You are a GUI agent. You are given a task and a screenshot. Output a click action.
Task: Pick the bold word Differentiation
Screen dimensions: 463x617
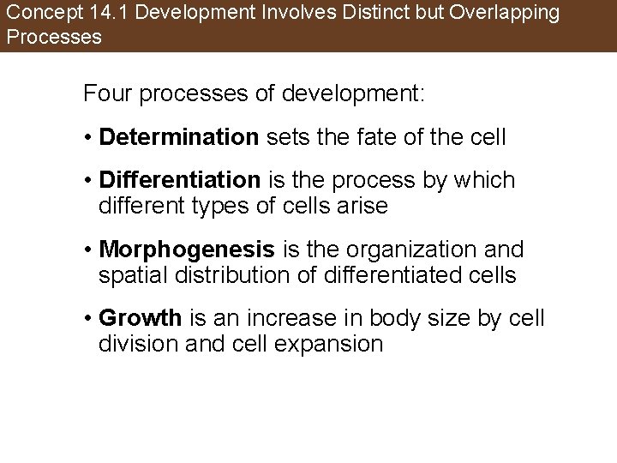[x=179, y=180]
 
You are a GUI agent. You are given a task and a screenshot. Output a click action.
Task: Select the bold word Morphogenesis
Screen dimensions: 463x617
[x=187, y=250]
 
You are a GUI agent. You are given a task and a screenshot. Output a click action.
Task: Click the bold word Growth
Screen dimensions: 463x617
[x=141, y=318]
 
